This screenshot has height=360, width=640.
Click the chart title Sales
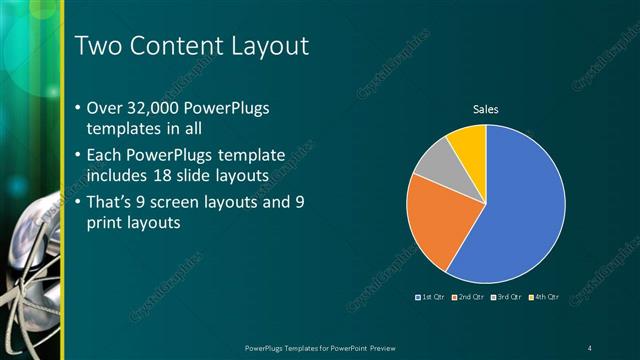click(x=485, y=110)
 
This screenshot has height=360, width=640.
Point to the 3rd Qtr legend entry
click(x=509, y=297)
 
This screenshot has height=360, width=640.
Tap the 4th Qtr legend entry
click(x=545, y=297)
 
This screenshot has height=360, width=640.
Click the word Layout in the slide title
click(x=266, y=46)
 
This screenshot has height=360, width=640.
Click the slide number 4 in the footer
click(x=591, y=347)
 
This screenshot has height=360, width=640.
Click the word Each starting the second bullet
click(x=108, y=155)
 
